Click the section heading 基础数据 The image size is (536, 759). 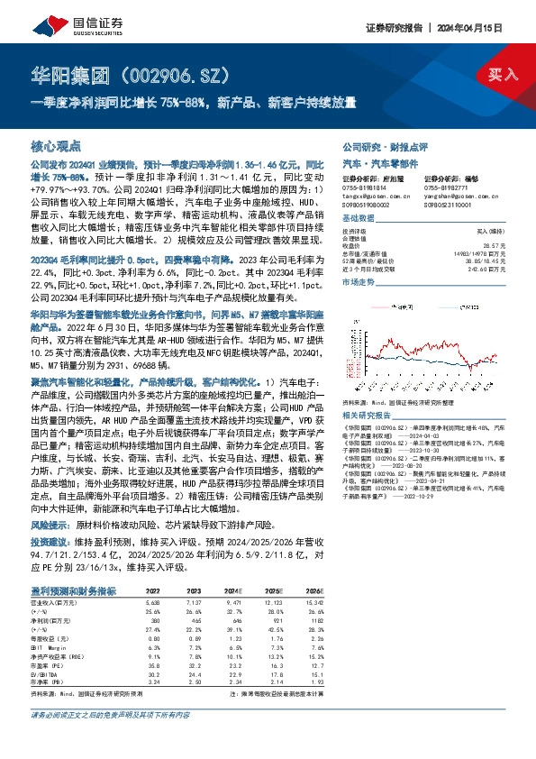point(358,220)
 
